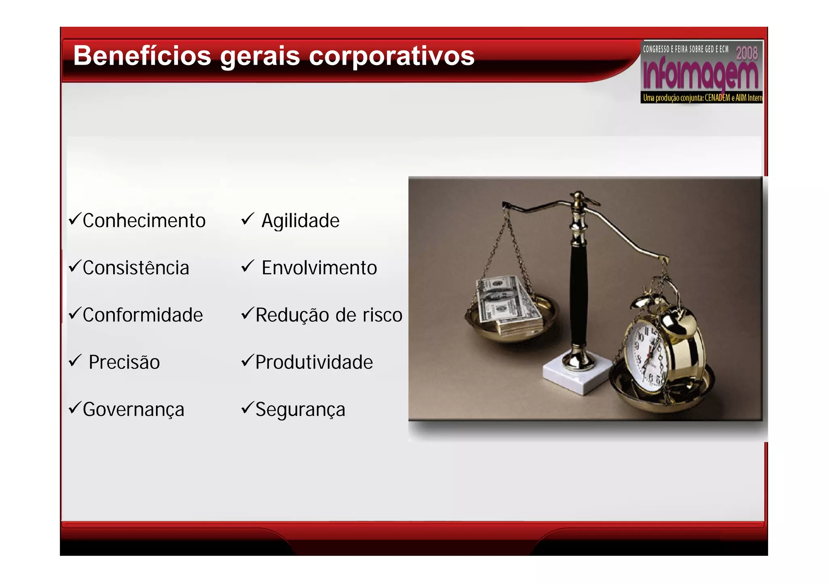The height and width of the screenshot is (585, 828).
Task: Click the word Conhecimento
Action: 144,221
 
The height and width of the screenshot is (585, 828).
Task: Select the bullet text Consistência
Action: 136,268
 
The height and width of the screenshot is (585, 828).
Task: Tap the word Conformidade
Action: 143,315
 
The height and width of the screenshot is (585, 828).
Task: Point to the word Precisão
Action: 124,362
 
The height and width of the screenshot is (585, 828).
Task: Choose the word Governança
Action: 133,410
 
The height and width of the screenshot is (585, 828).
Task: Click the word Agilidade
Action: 300,221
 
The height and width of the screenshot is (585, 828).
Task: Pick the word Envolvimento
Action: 319,268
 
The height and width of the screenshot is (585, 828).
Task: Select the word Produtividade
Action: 314,362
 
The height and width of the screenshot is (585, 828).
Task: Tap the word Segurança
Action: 300,410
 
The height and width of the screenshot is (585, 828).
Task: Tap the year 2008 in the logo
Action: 746,53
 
